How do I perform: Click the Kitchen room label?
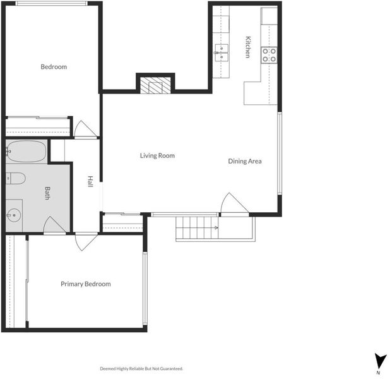[x=248, y=47]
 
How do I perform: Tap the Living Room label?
[x=157, y=155]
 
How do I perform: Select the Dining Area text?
[x=245, y=161]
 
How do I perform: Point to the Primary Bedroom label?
[x=86, y=284]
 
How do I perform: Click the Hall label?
[x=90, y=181]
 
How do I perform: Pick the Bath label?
[x=47, y=193]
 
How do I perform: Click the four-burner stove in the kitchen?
[x=269, y=55]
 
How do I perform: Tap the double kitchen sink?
[x=222, y=52]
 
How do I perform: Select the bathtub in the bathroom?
[x=27, y=151]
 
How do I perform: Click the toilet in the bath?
[x=15, y=178]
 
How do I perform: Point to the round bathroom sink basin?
[x=13, y=215]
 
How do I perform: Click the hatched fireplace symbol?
[x=155, y=85]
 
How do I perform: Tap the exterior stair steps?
[x=197, y=227]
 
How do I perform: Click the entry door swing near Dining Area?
[x=234, y=203]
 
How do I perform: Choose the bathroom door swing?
[x=54, y=225]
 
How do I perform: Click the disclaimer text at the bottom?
[x=141, y=368]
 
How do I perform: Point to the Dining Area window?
[x=280, y=153]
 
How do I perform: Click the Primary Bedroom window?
[x=145, y=289]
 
